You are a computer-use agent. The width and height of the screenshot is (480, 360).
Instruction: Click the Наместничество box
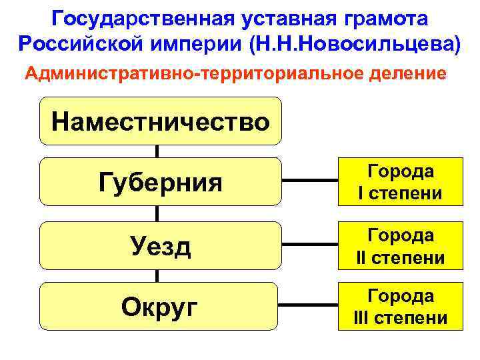pyautogui.click(x=160, y=121)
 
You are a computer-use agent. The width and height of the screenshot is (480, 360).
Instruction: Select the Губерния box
pyautogui.click(x=160, y=181)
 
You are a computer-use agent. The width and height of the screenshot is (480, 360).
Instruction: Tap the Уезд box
pyautogui.click(x=160, y=245)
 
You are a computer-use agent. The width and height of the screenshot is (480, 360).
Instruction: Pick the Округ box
pyautogui.click(x=160, y=306)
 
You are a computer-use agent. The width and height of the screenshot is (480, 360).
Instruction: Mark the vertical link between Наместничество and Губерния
pyautogui.click(x=157, y=151)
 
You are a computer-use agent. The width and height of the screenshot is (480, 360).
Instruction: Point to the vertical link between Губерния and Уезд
pyautogui.click(x=157, y=213)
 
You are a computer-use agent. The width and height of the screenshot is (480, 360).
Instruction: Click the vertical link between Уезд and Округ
pyautogui.click(x=157, y=275)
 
